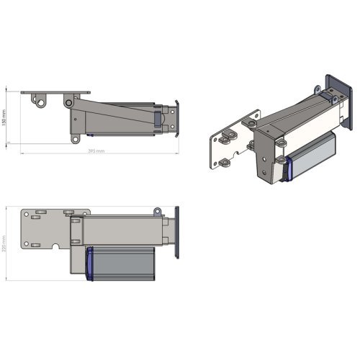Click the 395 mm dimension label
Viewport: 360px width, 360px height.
pyautogui.click(x=96, y=151)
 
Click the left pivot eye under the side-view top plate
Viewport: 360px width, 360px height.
pyautogui.click(x=41, y=103)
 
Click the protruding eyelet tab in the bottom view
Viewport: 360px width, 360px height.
pyautogui.click(x=156, y=211)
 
